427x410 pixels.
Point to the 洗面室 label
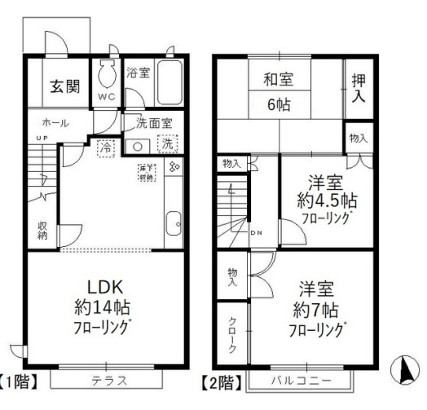click(x=147, y=124)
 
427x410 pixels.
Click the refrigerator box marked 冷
click(x=106, y=148)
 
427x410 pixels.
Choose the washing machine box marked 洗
click(x=167, y=144)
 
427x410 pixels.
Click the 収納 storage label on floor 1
click(x=42, y=231)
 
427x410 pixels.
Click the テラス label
click(x=106, y=380)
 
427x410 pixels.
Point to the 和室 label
click(x=278, y=80)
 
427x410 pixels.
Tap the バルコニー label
click(x=301, y=381)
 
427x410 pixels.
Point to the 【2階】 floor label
click(x=220, y=380)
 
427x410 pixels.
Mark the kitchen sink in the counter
click(x=173, y=223)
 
